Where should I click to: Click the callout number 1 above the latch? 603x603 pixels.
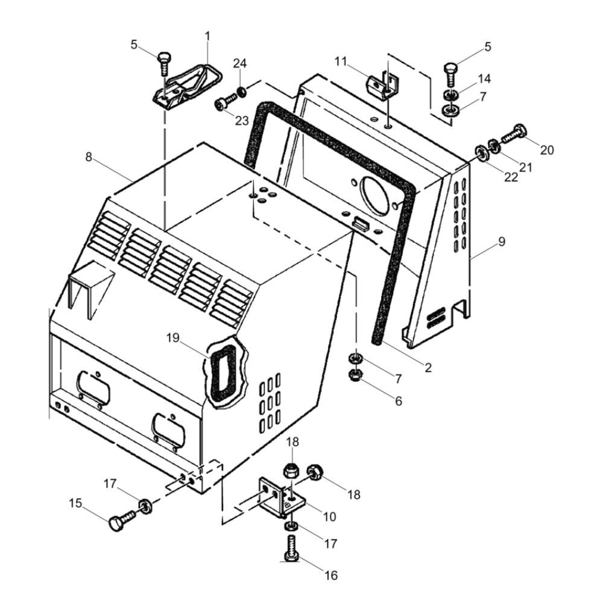point(207,36)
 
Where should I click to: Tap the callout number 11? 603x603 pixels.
point(341,61)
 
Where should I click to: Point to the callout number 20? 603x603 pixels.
point(546,150)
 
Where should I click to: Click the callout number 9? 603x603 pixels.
point(502,242)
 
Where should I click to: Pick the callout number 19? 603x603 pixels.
point(173,338)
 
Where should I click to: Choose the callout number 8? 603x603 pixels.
point(89,157)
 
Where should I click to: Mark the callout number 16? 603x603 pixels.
point(330,575)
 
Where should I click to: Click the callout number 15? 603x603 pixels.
point(76,503)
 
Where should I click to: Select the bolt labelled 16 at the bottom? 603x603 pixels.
point(291,548)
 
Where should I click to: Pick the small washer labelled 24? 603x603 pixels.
point(242,92)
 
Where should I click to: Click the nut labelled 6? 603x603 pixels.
point(353,375)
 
